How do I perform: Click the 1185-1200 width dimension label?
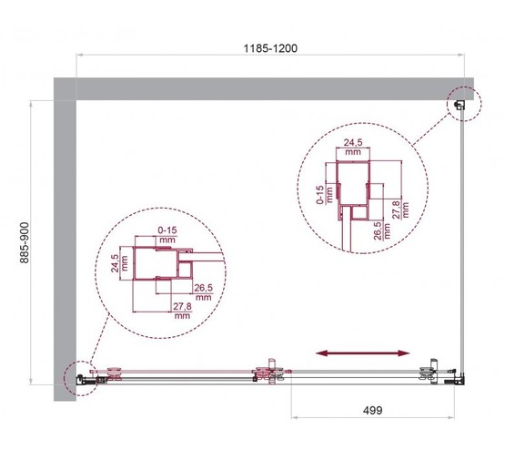pos(270,45)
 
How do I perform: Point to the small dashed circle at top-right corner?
pos(461,106)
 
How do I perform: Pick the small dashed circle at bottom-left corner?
pos(80,376)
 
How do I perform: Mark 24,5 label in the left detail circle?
pos(115,264)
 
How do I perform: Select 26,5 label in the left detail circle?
pos(202,292)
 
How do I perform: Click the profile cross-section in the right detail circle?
pos(355,191)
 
